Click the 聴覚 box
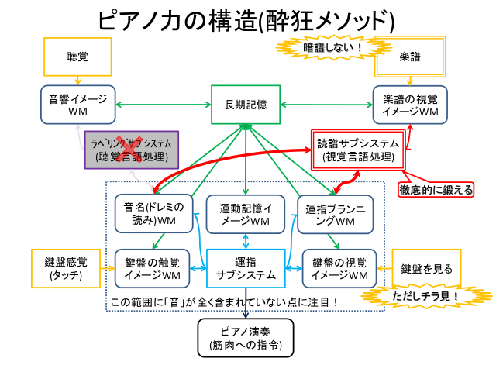77,57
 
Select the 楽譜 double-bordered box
410,57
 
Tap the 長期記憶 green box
246,105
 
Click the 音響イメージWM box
77,105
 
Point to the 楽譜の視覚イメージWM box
410,105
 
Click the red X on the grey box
129,149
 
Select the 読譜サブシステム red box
358,150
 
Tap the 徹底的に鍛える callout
436,189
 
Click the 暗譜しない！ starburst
332,47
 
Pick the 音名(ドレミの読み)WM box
153,214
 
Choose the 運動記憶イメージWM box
246,215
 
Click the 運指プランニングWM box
336,215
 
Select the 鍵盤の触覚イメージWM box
152,269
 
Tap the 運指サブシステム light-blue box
246,269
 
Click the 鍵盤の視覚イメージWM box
339,269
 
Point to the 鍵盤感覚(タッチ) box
66,269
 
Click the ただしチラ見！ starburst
427,296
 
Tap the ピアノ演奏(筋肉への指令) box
246,338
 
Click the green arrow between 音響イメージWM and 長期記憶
164,105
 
